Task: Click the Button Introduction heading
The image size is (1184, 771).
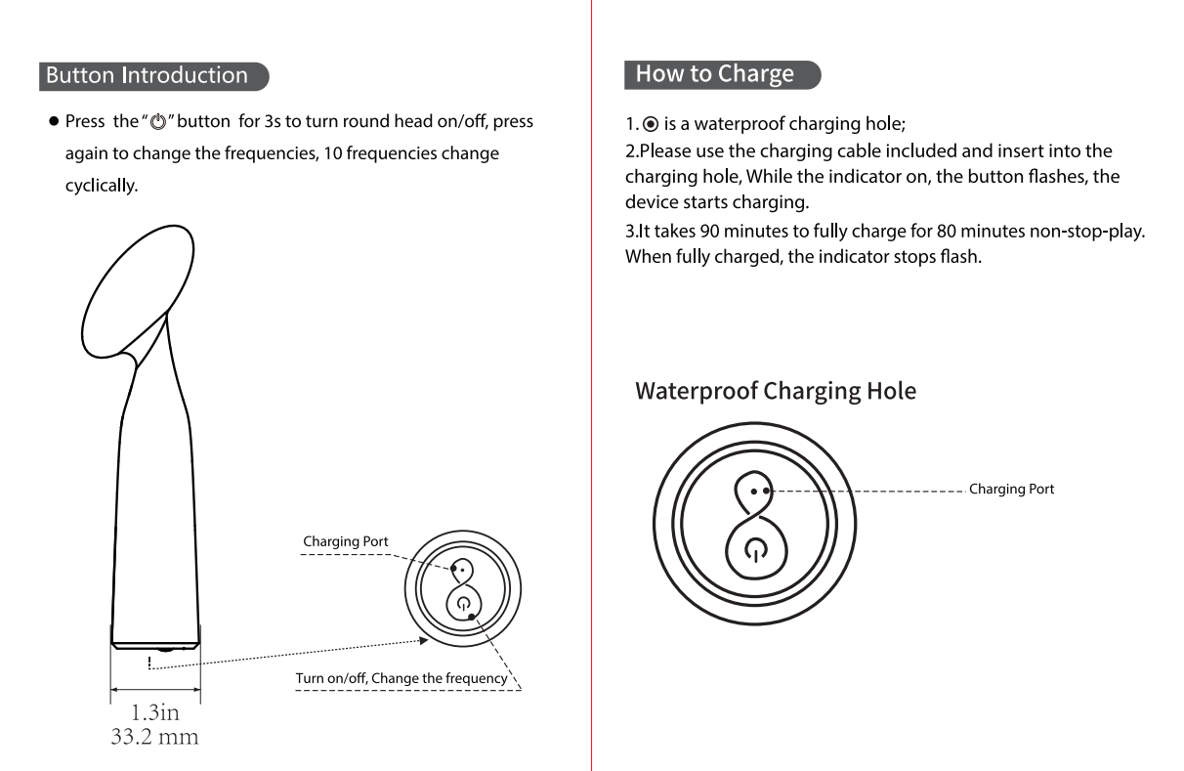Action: [147, 75]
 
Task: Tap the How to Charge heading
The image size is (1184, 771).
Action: [715, 74]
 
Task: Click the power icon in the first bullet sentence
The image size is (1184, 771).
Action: [158, 122]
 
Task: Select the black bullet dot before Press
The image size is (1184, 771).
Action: [54, 121]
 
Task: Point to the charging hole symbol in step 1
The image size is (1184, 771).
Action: [651, 124]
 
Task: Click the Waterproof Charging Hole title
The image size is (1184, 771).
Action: [776, 391]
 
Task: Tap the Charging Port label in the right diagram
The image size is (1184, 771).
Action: [1011, 490]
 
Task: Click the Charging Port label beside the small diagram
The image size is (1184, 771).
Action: [345, 541]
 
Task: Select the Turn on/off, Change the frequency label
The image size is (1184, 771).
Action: [402, 678]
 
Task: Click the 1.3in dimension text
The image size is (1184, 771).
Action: [155, 712]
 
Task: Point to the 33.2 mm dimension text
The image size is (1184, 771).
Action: [155, 737]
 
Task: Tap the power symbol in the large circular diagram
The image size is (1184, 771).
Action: [756, 550]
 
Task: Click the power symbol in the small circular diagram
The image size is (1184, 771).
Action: [464, 603]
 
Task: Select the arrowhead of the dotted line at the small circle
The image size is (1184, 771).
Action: [424, 640]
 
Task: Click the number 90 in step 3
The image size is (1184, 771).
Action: [709, 231]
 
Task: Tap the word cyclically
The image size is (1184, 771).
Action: [102, 186]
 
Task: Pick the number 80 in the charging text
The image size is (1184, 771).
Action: [947, 231]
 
